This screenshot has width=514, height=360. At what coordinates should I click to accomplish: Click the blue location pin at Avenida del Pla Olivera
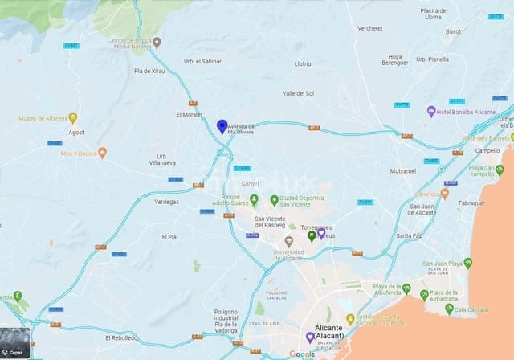point(222,126)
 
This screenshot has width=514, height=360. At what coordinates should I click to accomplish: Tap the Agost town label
point(76,132)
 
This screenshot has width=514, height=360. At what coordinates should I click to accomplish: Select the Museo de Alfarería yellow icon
point(72,118)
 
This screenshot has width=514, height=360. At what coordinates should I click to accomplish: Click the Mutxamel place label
point(403,171)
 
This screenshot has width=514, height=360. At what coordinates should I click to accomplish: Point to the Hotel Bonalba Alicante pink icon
point(431,111)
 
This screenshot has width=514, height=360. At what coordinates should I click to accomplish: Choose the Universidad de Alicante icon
point(289,241)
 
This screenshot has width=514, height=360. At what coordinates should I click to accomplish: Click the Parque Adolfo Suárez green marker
point(254,198)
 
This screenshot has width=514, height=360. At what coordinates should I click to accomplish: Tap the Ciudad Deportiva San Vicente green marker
point(274,200)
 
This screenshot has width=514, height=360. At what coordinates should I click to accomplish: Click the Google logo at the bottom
point(302,354)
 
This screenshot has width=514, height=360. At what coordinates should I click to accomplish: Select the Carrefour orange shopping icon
point(444,194)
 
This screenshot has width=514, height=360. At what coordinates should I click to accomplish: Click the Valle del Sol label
point(298,93)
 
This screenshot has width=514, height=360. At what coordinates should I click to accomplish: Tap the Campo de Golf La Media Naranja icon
point(157,43)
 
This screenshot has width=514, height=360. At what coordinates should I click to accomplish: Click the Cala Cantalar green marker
point(449,309)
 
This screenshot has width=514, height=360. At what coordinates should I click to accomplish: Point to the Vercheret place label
point(370,28)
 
